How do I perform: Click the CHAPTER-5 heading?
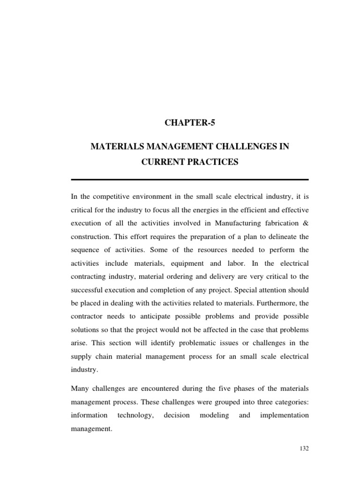tap(189, 123)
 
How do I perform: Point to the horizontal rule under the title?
tap(189, 180)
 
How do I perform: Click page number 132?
tap(304, 449)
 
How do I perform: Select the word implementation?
tap(284, 415)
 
